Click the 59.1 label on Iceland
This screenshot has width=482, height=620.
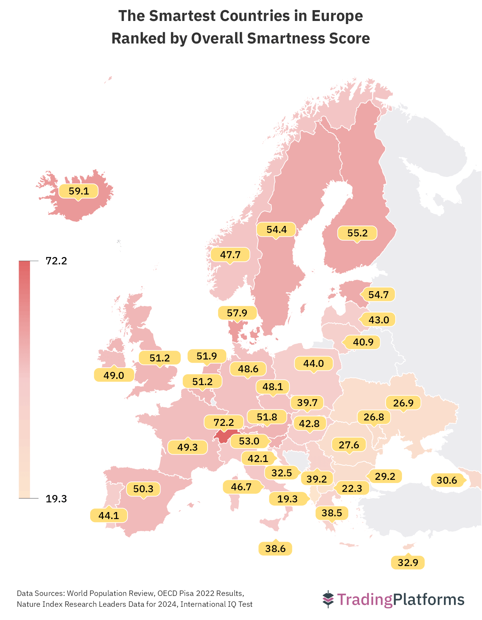(79, 191)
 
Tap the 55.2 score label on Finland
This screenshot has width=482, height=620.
(357, 233)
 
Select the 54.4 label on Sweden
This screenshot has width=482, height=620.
(276, 230)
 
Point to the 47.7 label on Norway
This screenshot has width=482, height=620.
(230, 255)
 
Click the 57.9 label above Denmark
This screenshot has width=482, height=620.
(237, 313)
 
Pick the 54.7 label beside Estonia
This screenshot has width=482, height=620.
(378, 295)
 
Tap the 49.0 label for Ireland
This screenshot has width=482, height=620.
(114, 375)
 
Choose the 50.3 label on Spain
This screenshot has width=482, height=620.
(143, 489)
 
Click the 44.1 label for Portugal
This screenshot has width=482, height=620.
(109, 516)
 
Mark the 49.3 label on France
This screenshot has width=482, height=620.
(187, 447)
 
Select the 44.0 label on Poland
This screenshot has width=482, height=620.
(314, 363)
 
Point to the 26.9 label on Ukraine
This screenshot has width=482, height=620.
(403, 403)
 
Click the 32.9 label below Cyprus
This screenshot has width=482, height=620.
(408, 562)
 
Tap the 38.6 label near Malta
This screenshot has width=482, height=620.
(275, 549)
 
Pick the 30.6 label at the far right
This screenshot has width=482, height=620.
(447, 480)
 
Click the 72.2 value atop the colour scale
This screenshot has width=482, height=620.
(56, 261)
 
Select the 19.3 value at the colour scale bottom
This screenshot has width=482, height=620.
(56, 499)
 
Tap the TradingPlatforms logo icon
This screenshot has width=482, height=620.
(328, 599)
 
